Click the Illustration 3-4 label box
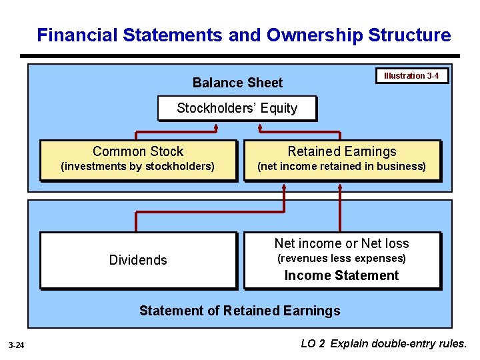click(411, 76)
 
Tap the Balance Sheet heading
click(237, 83)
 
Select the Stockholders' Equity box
click(237, 108)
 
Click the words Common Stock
click(138, 152)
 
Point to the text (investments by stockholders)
click(138, 167)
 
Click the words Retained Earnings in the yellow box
click(341, 152)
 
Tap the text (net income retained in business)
click(341, 167)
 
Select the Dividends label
click(138, 260)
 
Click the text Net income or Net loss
click(341, 243)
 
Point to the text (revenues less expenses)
click(341, 259)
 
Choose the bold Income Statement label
click(341, 275)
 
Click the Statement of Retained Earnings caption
click(239, 311)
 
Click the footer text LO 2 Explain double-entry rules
click(384, 344)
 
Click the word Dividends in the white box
click(138, 260)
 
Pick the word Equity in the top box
click(279, 108)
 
